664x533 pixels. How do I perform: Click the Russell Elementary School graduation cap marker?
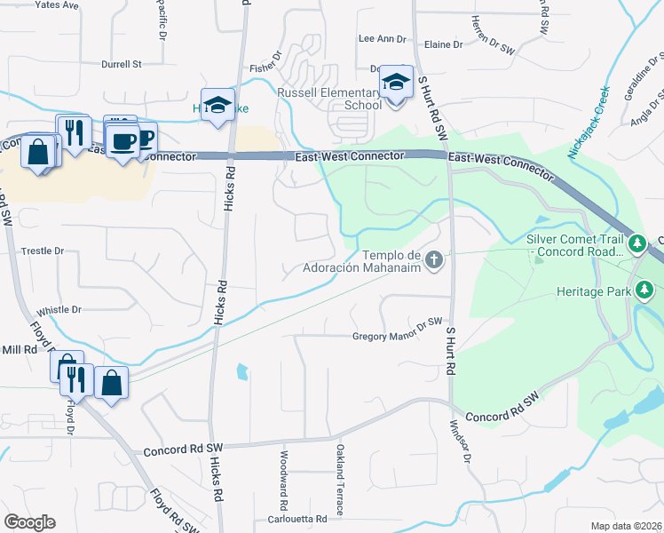click(397, 83)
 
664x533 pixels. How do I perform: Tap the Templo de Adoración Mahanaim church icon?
click(434, 260)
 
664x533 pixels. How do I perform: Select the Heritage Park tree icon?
click(645, 290)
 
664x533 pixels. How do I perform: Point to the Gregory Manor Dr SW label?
click(397, 336)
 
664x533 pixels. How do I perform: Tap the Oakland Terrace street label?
click(339, 481)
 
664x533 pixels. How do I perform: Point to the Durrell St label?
click(122, 64)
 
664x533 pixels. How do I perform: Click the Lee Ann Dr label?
click(381, 39)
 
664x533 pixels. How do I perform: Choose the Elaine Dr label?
click(444, 44)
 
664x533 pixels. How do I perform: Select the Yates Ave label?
click(57, 4)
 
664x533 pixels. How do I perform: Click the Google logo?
click(29, 522)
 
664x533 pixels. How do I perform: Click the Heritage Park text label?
click(593, 291)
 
